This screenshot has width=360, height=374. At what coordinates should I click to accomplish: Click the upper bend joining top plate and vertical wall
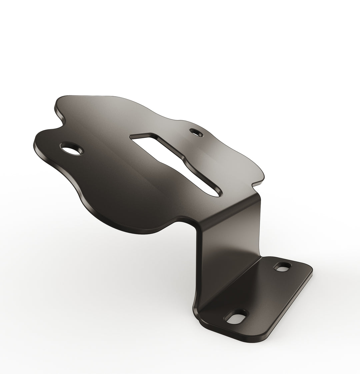coord(230,213)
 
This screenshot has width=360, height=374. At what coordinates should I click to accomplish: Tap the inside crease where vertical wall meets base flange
coord(230,283)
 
